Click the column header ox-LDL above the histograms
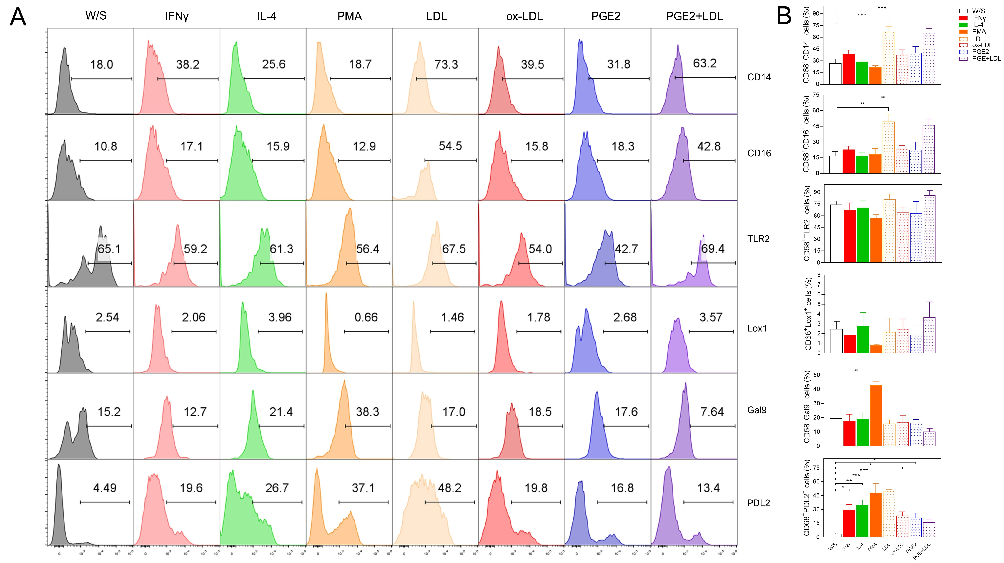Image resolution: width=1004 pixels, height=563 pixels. click(524, 16)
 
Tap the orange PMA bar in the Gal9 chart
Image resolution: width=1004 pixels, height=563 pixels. click(876, 415)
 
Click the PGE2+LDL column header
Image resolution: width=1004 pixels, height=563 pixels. click(695, 16)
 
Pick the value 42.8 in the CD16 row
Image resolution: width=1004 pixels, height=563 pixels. click(709, 147)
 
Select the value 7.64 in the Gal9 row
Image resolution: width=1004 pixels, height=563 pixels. click(712, 412)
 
